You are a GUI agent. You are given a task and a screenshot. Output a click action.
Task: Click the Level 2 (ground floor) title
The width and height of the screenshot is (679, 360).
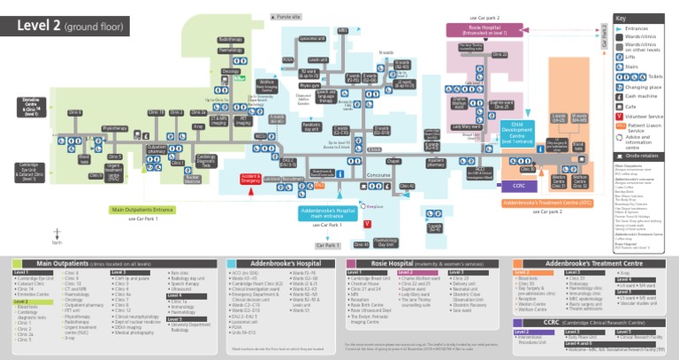pyautogui.click(x=68, y=25)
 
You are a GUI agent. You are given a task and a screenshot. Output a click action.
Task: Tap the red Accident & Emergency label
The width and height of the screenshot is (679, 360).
pyautogui.click(x=250, y=179)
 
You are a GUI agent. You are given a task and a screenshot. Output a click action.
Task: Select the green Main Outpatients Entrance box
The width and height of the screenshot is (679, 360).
pyautogui.click(x=142, y=210)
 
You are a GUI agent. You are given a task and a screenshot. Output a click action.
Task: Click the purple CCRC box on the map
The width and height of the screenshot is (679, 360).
pyautogui.click(x=518, y=186)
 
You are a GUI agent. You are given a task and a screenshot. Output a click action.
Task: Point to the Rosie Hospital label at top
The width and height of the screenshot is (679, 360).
pyautogui.click(x=483, y=29)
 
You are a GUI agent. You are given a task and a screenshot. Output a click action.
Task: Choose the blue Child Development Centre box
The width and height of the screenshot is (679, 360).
pyautogui.click(x=517, y=133)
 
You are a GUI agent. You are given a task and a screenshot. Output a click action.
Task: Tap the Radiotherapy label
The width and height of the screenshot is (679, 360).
pyautogui.click(x=230, y=40)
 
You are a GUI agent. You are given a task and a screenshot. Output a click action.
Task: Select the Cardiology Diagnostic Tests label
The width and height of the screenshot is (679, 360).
pyautogui.click(x=206, y=162)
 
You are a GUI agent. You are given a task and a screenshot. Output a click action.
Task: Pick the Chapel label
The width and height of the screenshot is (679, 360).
pyautogui.click(x=393, y=161)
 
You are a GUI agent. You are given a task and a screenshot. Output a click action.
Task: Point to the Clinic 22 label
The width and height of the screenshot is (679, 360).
pyautogui.click(x=500, y=55)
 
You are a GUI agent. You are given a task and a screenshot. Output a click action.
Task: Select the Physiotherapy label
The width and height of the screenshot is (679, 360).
pyautogui.click(x=114, y=128)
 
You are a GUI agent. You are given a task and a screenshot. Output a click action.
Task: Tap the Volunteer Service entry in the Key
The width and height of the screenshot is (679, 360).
pyautogui.click(x=642, y=116)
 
